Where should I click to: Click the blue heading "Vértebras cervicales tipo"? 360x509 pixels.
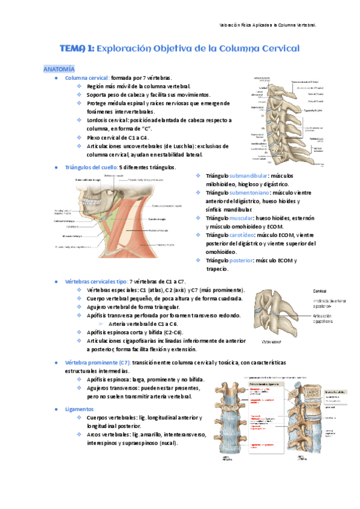[x=98, y=282]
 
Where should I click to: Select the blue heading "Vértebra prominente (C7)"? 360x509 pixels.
[x=98, y=363]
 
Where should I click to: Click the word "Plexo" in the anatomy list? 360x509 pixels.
[x=95, y=137]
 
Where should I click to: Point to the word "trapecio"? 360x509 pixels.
[x=217, y=269]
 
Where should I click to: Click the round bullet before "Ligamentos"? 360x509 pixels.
[x=55, y=408]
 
